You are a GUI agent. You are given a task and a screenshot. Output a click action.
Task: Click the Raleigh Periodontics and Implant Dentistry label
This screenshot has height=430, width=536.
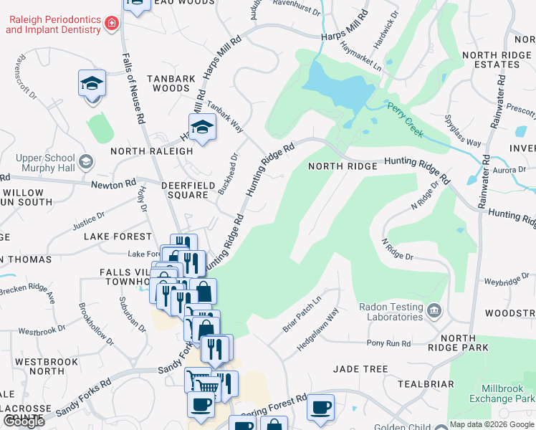[52, 24]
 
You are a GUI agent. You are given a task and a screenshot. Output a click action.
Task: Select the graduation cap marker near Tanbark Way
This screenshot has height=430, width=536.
[203, 127]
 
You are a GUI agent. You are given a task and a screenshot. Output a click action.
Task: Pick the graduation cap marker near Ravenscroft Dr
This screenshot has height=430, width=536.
[92, 83]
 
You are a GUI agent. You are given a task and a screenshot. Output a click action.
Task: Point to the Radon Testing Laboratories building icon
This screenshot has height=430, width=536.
[434, 311]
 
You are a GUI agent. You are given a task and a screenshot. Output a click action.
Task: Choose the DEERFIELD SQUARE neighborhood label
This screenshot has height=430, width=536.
[184, 189]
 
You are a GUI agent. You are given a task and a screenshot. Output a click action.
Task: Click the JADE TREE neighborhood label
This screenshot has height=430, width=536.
[360, 369]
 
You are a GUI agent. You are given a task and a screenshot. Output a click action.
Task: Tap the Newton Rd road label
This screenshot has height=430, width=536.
[113, 183]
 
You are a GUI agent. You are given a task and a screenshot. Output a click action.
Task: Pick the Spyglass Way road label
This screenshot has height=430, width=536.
[463, 130]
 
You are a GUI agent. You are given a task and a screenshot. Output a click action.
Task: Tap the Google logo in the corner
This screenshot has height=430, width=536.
[24, 421]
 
